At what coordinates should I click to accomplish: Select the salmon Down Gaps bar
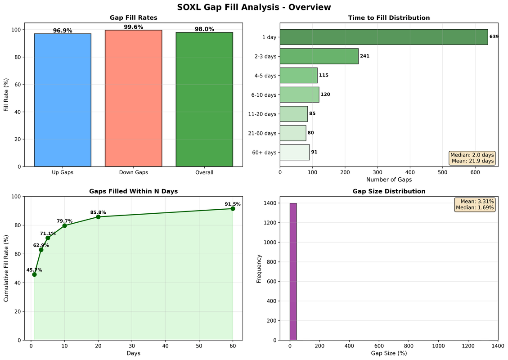coord(133,98)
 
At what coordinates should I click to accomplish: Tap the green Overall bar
coord(204,99)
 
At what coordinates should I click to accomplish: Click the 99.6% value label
coord(133,27)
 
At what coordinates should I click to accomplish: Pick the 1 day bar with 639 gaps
coord(383,37)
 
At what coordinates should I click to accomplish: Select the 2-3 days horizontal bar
coord(319,56)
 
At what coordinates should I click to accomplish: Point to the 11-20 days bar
coord(294,114)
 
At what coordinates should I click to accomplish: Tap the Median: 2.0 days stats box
coord(472,158)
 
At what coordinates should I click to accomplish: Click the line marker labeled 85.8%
coord(98,217)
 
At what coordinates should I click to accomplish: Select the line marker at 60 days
coord(233,208)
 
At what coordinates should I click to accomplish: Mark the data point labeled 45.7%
coord(34,274)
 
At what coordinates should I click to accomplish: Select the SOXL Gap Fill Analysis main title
coord(254,7)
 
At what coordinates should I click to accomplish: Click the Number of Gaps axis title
coord(389,180)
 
